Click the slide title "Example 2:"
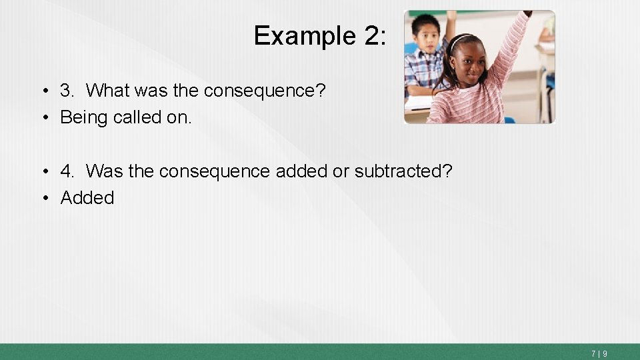click(x=319, y=35)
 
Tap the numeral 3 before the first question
click(x=67, y=90)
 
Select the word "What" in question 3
click(x=108, y=90)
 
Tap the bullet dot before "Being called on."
click(x=45, y=118)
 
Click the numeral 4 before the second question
click(x=67, y=171)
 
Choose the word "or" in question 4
click(x=341, y=171)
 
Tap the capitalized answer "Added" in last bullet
click(x=87, y=198)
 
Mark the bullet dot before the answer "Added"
click(x=45, y=199)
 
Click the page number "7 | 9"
click(x=598, y=353)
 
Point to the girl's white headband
click(x=460, y=41)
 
